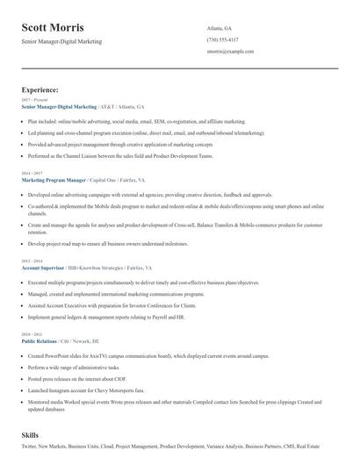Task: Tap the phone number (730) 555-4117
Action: coord(222,39)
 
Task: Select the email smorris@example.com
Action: coord(230,52)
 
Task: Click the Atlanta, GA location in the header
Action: coord(220,28)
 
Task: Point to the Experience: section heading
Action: coord(40,89)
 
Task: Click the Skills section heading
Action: coord(31,435)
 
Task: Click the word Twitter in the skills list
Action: coord(29,447)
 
